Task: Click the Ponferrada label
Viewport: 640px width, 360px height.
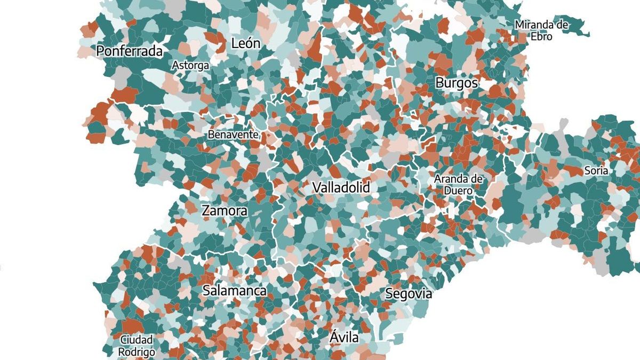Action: pos(130,51)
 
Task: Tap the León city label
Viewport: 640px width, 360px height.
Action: pos(246,44)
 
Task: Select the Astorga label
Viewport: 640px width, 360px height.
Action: pos(190,66)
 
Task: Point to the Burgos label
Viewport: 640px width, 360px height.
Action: pos(457,83)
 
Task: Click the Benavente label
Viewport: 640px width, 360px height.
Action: pos(233,134)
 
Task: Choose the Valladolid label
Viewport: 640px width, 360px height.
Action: pos(341,188)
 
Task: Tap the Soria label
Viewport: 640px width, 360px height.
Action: pos(596,171)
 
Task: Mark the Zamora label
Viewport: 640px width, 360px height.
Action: pos(225,211)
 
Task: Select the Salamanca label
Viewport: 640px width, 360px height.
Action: pos(235,291)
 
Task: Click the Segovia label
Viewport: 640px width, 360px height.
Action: pos(408,294)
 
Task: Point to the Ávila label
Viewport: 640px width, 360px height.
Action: pos(344,337)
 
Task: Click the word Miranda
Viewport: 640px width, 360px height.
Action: pos(534,25)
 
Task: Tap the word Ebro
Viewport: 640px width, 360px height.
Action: pos(541,37)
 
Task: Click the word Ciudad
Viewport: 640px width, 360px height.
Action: pos(137,340)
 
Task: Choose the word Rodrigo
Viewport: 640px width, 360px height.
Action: pos(137,352)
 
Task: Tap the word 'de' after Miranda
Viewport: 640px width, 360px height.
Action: pos(562,25)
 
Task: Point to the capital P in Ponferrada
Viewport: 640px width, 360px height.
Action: pos(100,51)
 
